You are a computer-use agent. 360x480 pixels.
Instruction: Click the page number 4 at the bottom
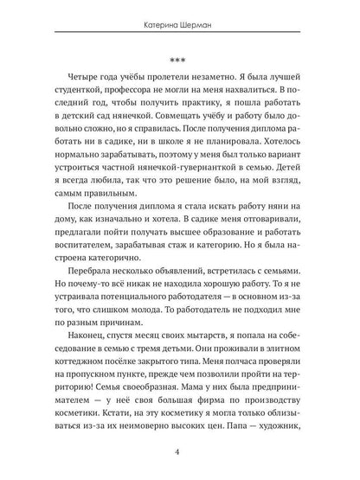(179, 458)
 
